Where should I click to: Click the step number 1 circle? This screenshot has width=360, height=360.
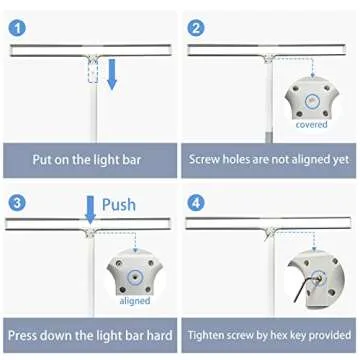16,18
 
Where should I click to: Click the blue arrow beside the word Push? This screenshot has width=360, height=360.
91,208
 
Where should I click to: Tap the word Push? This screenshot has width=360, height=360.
118,204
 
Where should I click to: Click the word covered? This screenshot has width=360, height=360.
312,125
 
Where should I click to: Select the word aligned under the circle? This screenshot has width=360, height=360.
134,300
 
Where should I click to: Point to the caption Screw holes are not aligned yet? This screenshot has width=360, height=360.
270,158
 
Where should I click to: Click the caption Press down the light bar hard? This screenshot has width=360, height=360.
90,335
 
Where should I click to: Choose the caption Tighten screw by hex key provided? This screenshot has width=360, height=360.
270,335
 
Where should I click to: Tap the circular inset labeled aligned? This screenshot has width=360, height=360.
134,271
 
